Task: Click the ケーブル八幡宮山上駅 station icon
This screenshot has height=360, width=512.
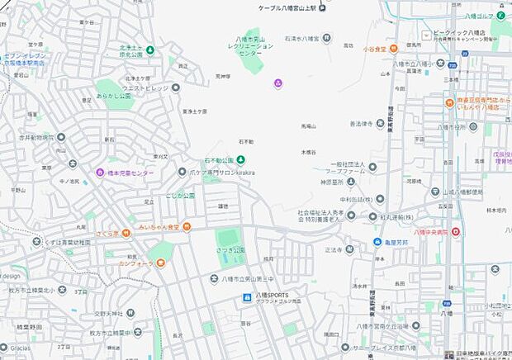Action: click(x=323, y=11)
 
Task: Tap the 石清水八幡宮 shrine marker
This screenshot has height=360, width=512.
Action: click(x=328, y=37)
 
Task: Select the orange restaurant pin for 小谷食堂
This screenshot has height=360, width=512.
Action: click(x=393, y=49)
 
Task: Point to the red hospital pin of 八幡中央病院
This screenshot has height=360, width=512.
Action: click(x=456, y=232)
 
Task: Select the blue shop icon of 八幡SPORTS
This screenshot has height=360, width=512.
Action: click(x=246, y=296)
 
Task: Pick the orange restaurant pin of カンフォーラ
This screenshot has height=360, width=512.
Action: click(x=160, y=263)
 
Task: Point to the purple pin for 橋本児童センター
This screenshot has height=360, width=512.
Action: click(x=100, y=173)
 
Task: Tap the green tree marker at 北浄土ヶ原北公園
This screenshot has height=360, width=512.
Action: click(x=150, y=53)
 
